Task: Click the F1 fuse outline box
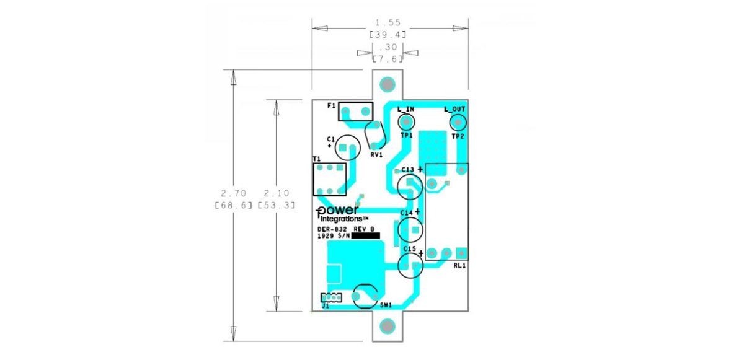point(356,102)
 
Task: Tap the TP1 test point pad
point(407,123)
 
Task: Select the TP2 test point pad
point(458,123)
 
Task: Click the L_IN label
point(405,109)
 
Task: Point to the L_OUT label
point(454,109)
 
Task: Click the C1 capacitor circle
point(348,135)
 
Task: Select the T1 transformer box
point(314,179)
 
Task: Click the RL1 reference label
point(459,266)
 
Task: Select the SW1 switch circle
point(365,284)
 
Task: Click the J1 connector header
point(331,297)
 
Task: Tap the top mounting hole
point(387,84)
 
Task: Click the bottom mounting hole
point(387,327)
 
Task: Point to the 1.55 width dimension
point(388,22)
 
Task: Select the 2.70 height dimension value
point(234,193)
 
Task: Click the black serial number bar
point(365,236)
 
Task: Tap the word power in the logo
point(337,211)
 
